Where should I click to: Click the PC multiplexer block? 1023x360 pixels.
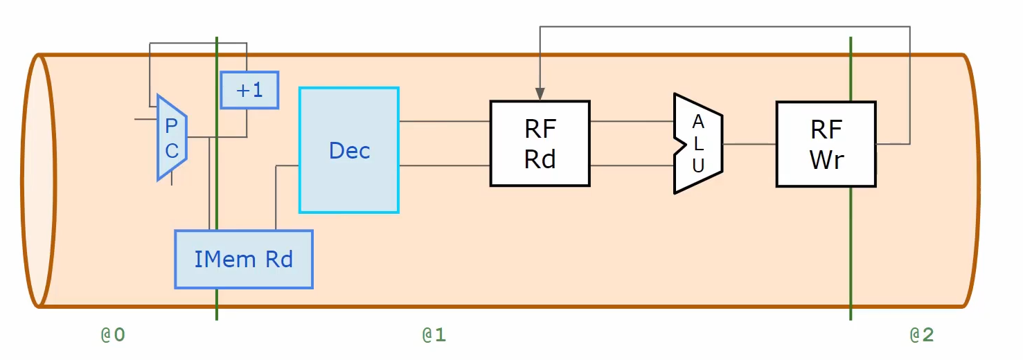tap(171, 138)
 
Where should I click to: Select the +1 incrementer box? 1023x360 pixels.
tap(249, 90)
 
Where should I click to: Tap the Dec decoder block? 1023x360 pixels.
tap(349, 150)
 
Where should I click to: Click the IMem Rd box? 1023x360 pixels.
tap(244, 259)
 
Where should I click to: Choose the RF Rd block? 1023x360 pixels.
tap(540, 143)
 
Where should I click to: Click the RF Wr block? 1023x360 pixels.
tap(826, 143)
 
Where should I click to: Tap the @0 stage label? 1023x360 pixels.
tap(113, 335)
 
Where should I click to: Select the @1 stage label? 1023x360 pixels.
tap(434, 335)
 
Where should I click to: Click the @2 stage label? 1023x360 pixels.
tap(922, 335)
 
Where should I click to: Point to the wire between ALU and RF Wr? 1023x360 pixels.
tap(749, 144)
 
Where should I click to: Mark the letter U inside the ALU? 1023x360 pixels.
tap(698, 166)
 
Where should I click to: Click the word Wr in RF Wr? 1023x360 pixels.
tap(826, 159)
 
